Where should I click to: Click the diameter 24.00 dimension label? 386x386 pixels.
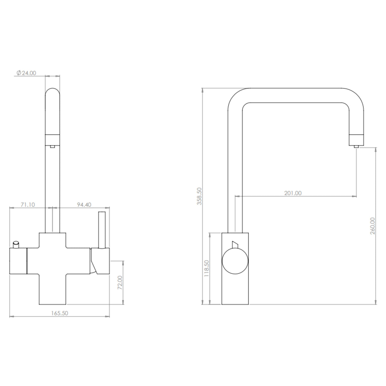pyautogui.click(x=26, y=73)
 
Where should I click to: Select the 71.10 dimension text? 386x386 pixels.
pyautogui.click(x=28, y=205)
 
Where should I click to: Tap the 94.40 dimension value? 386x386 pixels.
pyautogui.click(x=84, y=205)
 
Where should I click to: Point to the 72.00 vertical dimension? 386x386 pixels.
pyautogui.click(x=120, y=282)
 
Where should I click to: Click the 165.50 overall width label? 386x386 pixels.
pyautogui.click(x=60, y=313)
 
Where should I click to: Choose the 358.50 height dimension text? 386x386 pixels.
pyautogui.click(x=199, y=196)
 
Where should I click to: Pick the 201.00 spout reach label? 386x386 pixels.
pyautogui.click(x=293, y=193)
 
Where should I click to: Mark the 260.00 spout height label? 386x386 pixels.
pyautogui.click(x=373, y=226)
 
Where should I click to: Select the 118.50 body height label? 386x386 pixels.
pyautogui.click(x=206, y=269)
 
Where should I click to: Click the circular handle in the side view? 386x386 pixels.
pyautogui.click(x=235, y=261)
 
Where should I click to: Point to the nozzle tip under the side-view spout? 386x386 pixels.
pyautogui.click(x=356, y=146)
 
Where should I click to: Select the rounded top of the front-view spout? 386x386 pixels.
pyautogui.click(x=52, y=94)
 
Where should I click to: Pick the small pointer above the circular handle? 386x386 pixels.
pyautogui.click(x=235, y=244)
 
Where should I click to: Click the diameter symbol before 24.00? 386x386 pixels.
pyautogui.click(x=18, y=73)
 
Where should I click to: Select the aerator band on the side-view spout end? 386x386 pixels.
pyautogui.click(x=356, y=139)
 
